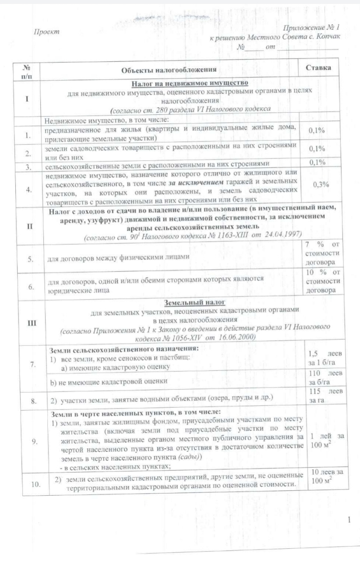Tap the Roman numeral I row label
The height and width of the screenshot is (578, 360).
(28, 99)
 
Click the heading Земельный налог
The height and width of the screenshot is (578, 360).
(191, 302)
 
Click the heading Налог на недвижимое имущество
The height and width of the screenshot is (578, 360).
(190, 83)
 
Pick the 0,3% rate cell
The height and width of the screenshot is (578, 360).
(321, 184)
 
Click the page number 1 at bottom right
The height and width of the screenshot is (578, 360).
(349, 520)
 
